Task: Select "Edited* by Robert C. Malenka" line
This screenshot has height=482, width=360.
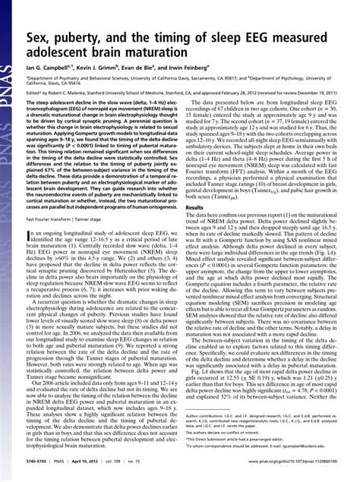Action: pyautogui.click(x=76, y=90)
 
